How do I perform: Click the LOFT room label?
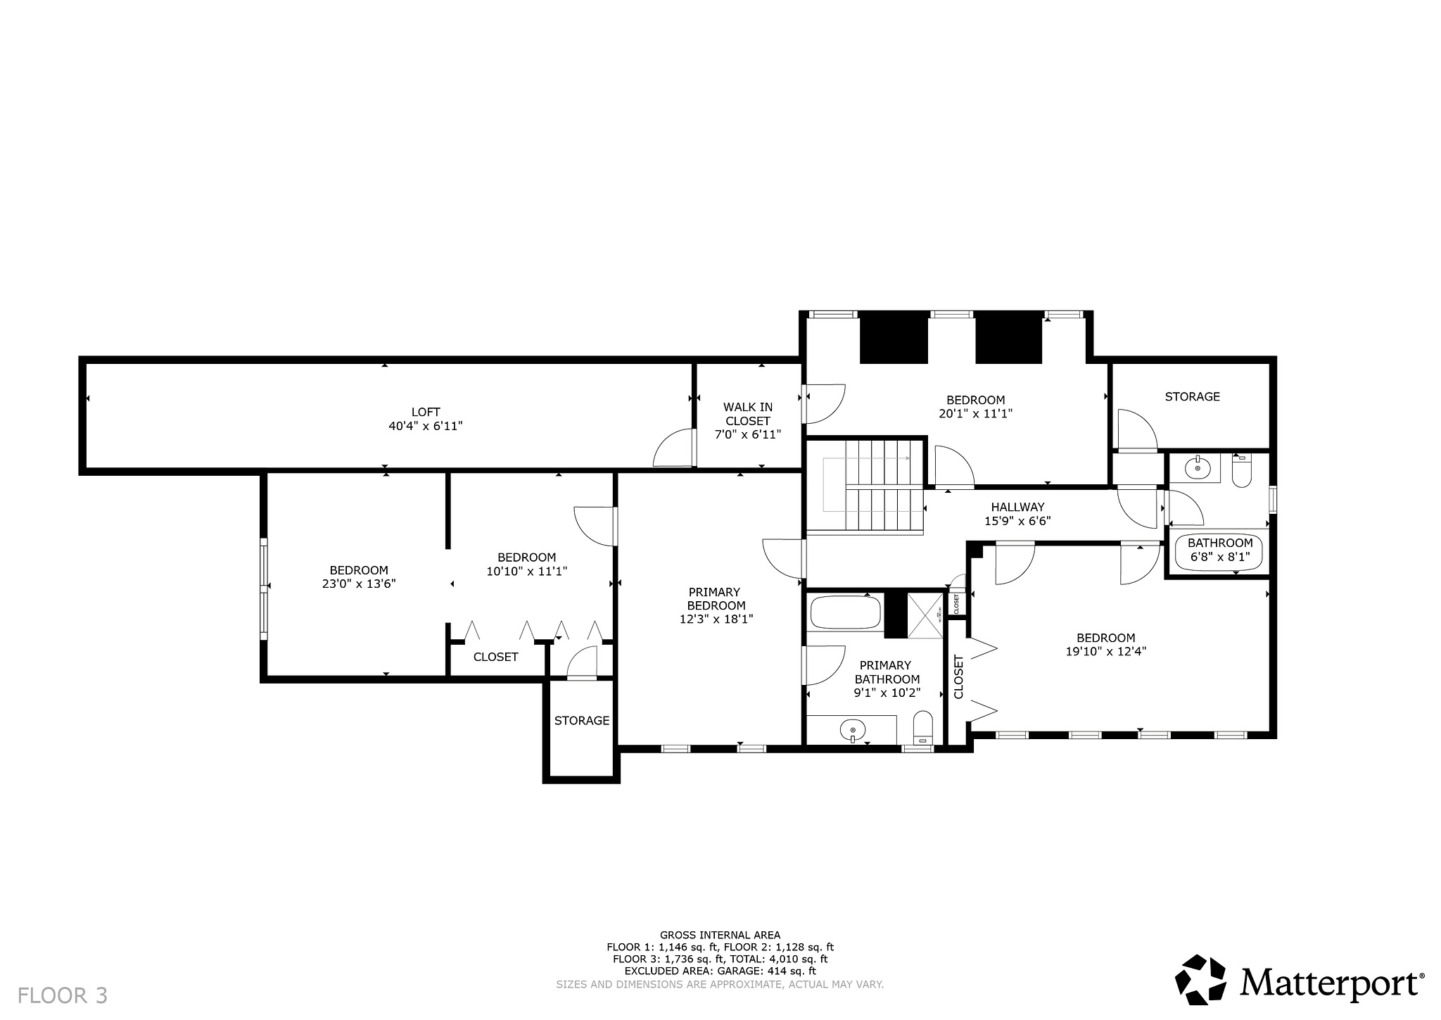pos(425,412)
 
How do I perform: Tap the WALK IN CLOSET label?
pos(747,420)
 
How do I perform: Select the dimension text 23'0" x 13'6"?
pos(359,584)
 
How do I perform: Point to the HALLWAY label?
pos(1017,507)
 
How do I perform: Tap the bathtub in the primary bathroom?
pos(845,612)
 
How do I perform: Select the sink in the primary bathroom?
pos(853,731)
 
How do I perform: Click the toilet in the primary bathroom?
pos(922,728)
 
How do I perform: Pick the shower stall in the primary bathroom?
pos(925,615)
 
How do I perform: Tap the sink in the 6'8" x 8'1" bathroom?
pos(1198,467)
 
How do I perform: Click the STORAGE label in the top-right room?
pos(1192,396)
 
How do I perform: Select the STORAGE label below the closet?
pos(581,720)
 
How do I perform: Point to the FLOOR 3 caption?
pos(63,995)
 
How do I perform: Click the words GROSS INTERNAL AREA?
pos(720,935)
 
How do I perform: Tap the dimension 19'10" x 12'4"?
pos(1105,652)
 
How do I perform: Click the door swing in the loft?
pos(674,448)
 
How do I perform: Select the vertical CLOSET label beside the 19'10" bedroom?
pos(958,676)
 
